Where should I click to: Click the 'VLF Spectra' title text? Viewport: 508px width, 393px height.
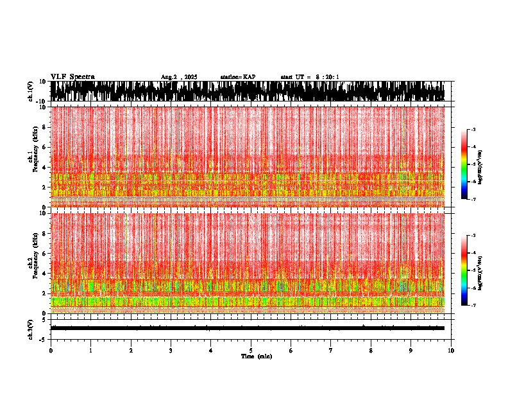pyautogui.click(x=72, y=76)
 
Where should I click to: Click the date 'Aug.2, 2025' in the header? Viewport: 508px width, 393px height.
pyautogui.click(x=179, y=77)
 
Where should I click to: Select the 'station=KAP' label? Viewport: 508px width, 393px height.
pyautogui.click(x=237, y=77)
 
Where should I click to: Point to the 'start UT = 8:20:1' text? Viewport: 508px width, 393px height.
pyautogui.click(x=310, y=77)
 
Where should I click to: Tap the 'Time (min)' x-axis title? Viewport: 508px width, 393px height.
pyautogui.click(x=256, y=356)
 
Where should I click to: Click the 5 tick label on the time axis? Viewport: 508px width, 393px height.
pyautogui.click(x=251, y=351)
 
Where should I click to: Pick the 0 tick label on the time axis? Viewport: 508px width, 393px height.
pyautogui.click(x=51, y=351)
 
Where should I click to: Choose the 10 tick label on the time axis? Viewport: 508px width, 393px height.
pyautogui.click(x=451, y=351)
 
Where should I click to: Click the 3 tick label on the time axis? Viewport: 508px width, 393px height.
pyautogui.click(x=171, y=351)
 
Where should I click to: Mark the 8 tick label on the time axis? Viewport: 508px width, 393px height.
pyautogui.click(x=371, y=351)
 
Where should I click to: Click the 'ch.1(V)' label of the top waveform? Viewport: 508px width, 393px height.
pyautogui.click(x=31, y=91)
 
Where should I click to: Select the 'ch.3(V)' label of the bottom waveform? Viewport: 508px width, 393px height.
pyautogui.click(x=31, y=328)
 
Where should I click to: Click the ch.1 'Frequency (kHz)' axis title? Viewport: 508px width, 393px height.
pyautogui.click(x=32, y=157)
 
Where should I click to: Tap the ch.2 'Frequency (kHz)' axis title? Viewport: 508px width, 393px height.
pyautogui.click(x=32, y=263)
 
